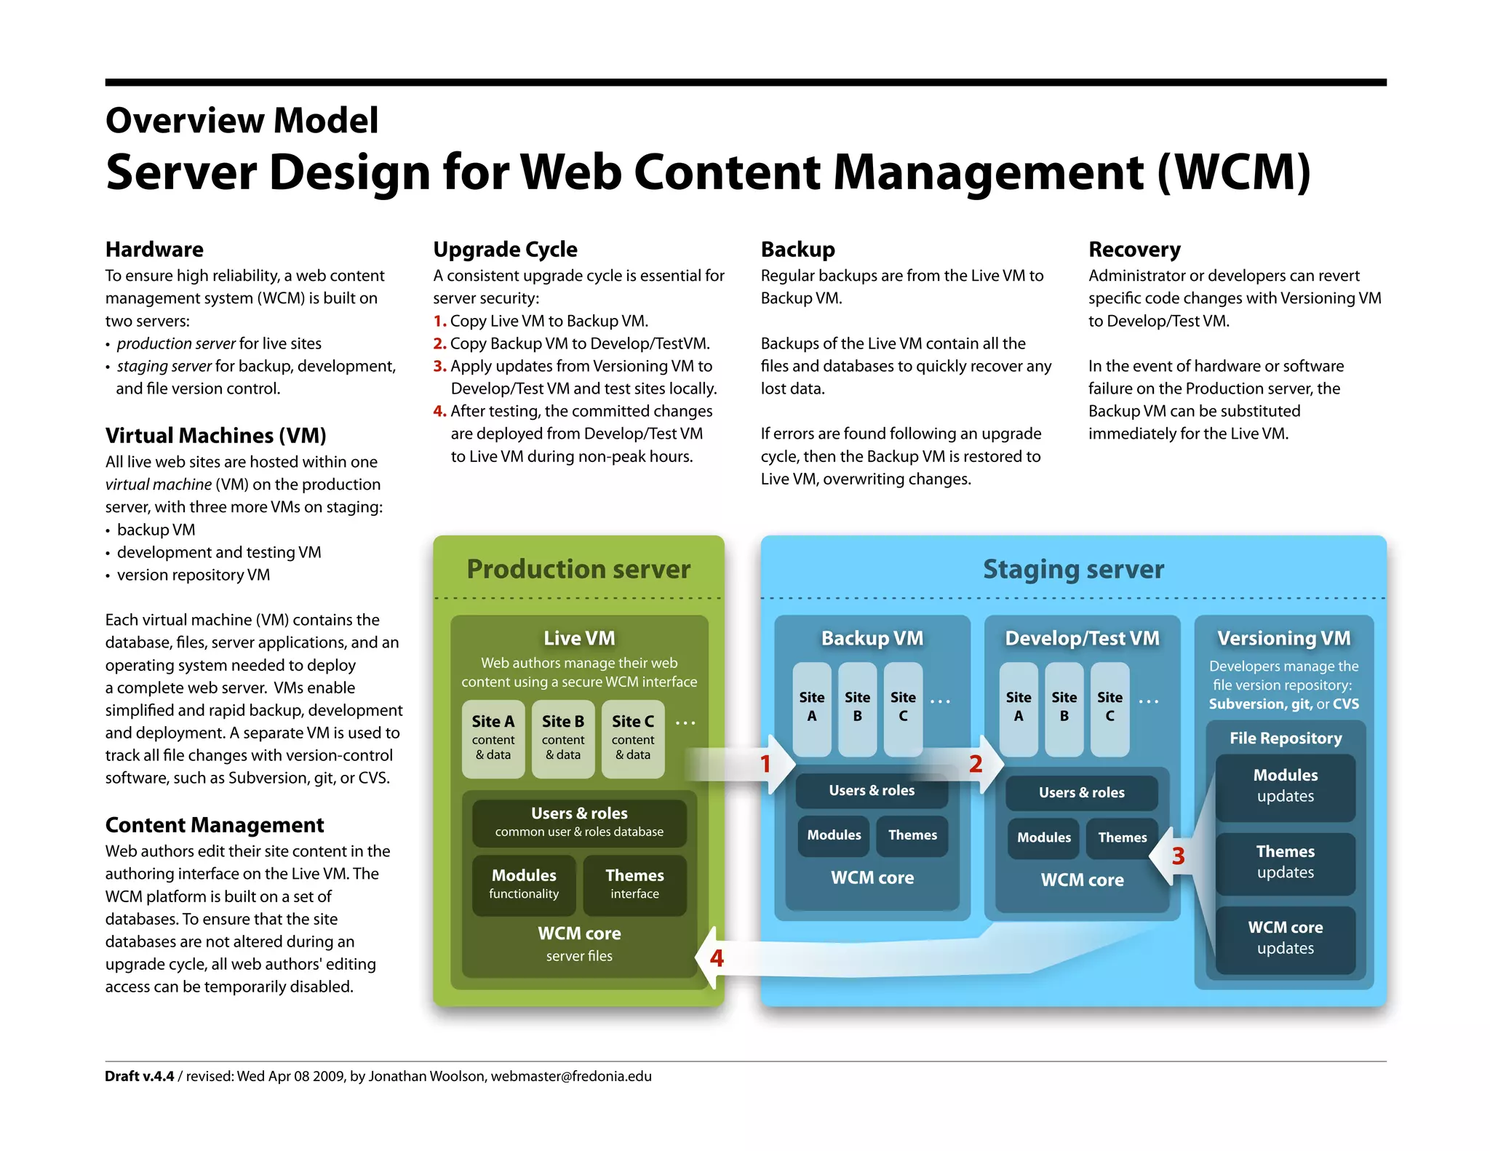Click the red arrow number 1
pyautogui.click(x=765, y=764)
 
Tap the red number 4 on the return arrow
pyautogui.click(x=717, y=958)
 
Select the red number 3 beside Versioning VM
pyautogui.click(x=1178, y=856)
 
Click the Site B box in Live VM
pyautogui.click(x=563, y=738)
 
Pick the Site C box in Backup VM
pyautogui.click(x=903, y=708)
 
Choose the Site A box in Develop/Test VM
pyautogui.click(x=1019, y=708)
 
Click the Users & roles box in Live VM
pyautogui.click(x=579, y=822)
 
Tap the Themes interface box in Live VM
pyautogui.click(x=634, y=884)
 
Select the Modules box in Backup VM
pyautogui.click(x=834, y=835)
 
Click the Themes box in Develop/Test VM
pyautogui.click(x=1122, y=837)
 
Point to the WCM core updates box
pyautogui.click(x=1285, y=938)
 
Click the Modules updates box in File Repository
pyautogui.click(x=1285, y=786)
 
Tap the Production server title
pyautogui.click(x=578, y=569)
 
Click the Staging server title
pyautogui.click(x=1073, y=569)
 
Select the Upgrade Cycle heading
pyautogui.click(x=505, y=250)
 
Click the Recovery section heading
pyautogui.click(x=1134, y=250)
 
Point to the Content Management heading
pyautogui.click(x=215, y=825)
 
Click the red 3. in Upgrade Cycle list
pyautogui.click(x=439, y=366)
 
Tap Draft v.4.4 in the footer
pyautogui.click(x=140, y=1076)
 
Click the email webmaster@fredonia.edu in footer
pyautogui.click(x=571, y=1076)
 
